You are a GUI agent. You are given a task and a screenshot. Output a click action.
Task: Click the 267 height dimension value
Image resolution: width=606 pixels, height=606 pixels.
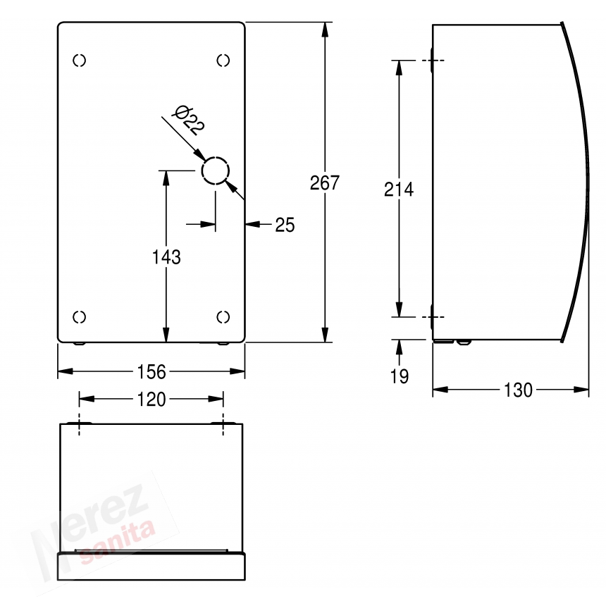(325, 183)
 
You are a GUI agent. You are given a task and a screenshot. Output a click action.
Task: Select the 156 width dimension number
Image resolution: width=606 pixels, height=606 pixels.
(151, 372)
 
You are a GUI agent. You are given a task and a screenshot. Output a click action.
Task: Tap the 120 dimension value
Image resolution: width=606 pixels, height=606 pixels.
(151, 400)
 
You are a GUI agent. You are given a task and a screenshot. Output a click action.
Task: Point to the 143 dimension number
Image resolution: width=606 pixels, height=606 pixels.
(166, 257)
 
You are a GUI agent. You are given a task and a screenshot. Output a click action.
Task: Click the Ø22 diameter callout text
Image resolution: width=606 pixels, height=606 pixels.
(188, 120)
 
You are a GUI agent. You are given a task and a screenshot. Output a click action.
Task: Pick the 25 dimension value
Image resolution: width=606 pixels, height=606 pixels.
(285, 225)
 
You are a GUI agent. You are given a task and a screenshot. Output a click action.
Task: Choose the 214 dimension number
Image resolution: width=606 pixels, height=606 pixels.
(399, 190)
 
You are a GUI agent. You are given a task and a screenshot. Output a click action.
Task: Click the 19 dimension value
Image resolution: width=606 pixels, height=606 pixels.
(400, 376)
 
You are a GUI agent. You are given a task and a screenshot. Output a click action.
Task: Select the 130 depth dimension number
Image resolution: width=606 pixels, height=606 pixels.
(518, 390)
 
